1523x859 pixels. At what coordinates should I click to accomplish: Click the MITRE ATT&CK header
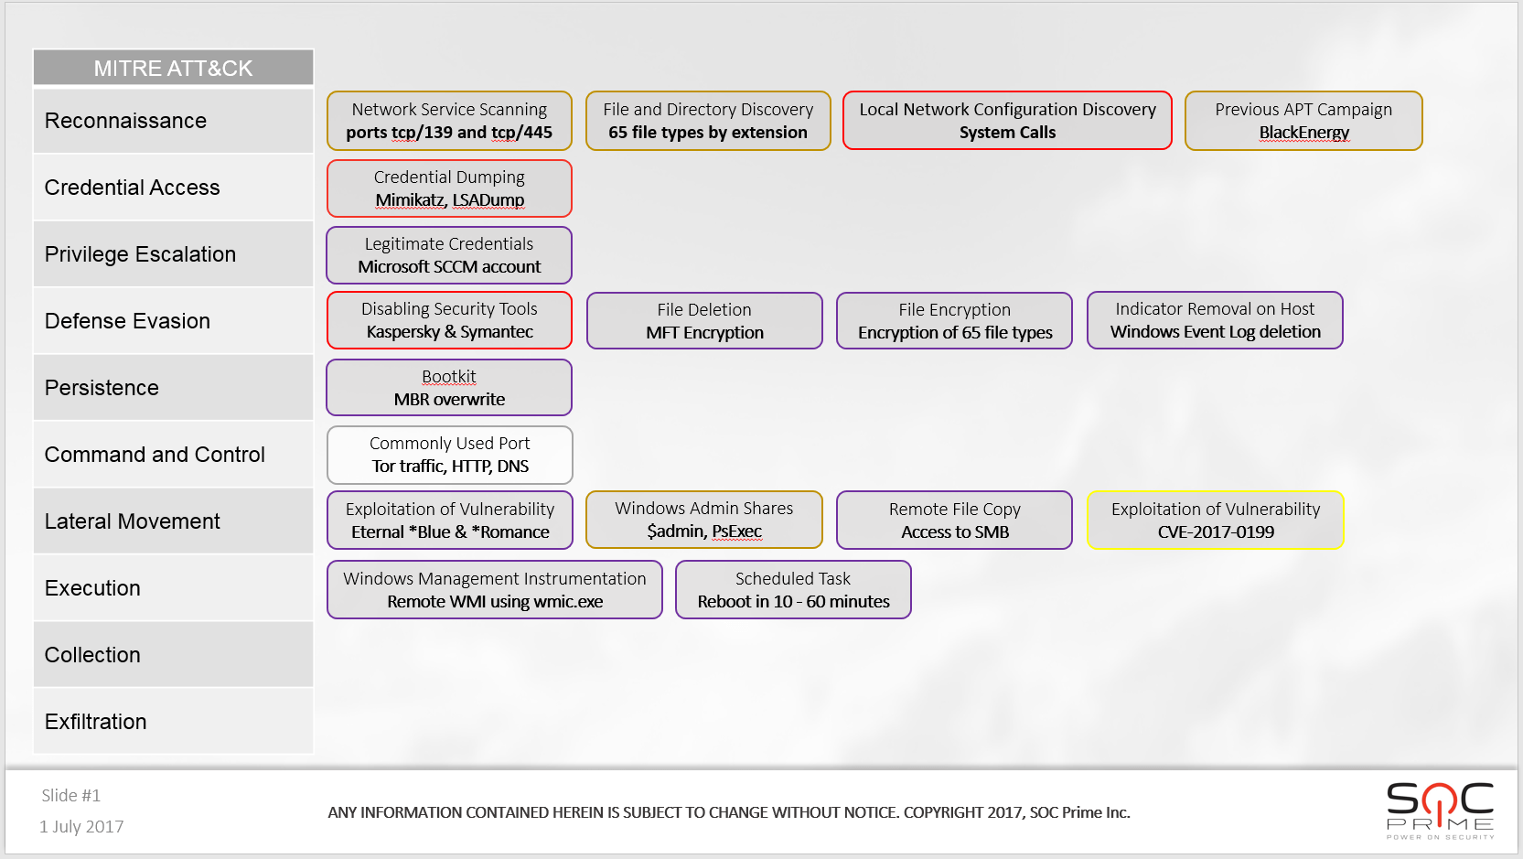(174, 68)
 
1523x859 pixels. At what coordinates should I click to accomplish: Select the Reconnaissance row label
(125, 121)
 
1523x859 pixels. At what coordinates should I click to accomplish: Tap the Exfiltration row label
(95, 721)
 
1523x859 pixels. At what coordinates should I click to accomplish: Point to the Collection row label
(92, 654)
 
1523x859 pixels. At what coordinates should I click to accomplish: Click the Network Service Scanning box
(449, 121)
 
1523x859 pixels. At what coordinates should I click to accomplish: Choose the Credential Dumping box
(449, 188)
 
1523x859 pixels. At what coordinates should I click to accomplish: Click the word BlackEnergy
(1304, 132)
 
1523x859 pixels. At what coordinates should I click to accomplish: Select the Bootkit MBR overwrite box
(449, 388)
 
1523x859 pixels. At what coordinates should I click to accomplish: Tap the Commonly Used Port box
(449, 455)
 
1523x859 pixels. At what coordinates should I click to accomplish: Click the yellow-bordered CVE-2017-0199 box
(1216, 521)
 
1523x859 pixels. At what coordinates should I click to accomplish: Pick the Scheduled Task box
(793, 590)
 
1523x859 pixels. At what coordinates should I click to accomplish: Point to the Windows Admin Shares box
(704, 520)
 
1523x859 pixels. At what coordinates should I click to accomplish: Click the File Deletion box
(704, 320)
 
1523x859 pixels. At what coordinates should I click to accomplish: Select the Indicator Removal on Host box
(1215, 320)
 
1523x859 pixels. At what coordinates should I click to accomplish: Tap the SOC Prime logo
(1440, 811)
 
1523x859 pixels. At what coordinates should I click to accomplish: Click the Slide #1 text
(70, 795)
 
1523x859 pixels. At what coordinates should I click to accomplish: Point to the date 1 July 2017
(81, 826)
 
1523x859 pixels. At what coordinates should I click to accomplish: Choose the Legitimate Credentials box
(449, 255)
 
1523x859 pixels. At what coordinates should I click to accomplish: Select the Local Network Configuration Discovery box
(1008, 121)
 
